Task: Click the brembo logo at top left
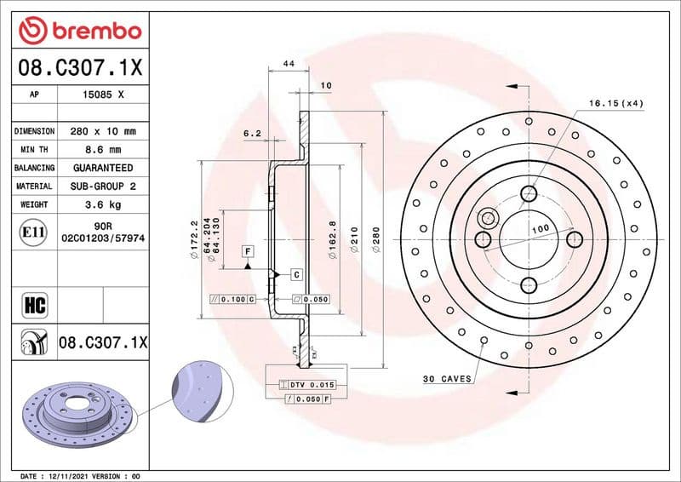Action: [79, 31]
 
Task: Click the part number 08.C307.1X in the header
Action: [79, 66]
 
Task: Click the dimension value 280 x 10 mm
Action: [102, 132]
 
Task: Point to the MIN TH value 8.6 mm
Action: [102, 150]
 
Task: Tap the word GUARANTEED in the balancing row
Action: [102, 168]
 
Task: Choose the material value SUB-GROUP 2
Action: [102, 186]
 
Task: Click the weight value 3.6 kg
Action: [102, 204]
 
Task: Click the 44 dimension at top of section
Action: [289, 65]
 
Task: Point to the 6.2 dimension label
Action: [252, 134]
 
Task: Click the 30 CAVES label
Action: [447, 378]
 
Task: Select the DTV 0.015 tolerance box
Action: [302, 385]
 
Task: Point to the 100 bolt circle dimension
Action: [540, 230]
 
